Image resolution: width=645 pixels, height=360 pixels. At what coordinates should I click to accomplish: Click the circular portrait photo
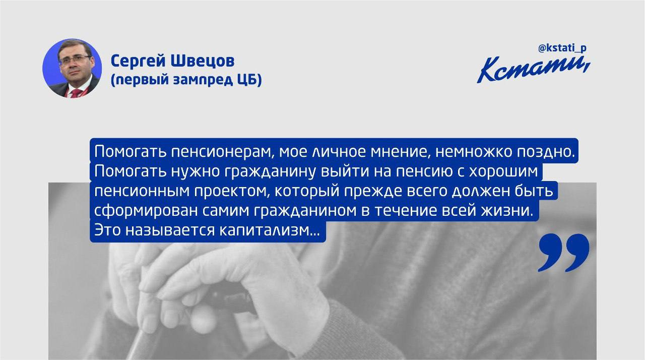pyautogui.click(x=72, y=69)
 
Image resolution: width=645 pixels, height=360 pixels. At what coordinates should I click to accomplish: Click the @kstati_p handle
pyautogui.click(x=562, y=48)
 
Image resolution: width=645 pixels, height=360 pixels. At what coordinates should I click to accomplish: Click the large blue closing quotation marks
pyautogui.click(x=563, y=253)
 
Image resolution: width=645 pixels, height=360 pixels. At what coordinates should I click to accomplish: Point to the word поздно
pyautogui.click(x=544, y=152)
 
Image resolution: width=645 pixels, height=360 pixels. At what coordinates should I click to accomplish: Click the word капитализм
pyautogui.click(x=269, y=230)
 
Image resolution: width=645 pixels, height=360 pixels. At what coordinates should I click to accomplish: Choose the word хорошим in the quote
pyautogui.click(x=503, y=172)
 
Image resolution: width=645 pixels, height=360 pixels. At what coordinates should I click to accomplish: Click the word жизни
pyautogui.click(x=507, y=211)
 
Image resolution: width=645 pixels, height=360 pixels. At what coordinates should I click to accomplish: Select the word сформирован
pyautogui.click(x=146, y=211)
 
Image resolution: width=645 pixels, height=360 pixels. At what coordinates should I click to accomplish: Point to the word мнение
pyautogui.click(x=401, y=152)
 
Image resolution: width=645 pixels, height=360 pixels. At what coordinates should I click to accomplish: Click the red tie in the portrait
pyautogui.click(x=75, y=93)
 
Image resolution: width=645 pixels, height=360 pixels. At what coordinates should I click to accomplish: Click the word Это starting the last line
pyautogui.click(x=107, y=230)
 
